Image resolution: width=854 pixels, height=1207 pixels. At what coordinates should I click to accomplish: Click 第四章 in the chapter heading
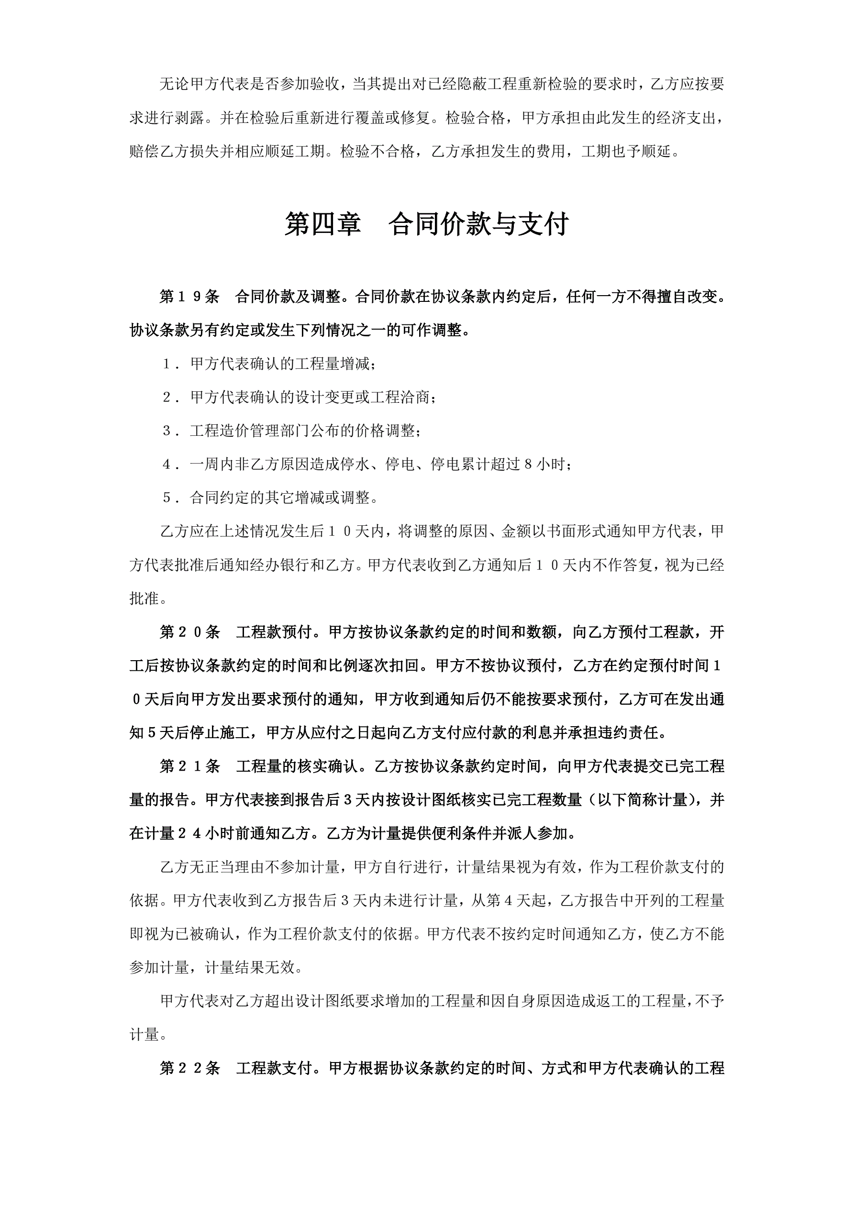tap(322, 224)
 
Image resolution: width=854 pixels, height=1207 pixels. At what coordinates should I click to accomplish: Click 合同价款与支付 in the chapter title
tap(478, 224)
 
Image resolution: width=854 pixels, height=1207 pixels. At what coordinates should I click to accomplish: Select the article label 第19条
tap(189, 297)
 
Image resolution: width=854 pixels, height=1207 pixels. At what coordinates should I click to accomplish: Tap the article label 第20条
tap(189, 632)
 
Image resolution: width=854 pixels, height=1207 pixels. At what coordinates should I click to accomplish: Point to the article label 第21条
tap(189, 766)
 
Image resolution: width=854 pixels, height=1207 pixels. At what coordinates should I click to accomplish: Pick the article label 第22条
tap(189, 1068)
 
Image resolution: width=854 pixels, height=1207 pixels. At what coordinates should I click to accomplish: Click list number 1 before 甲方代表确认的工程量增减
tap(167, 365)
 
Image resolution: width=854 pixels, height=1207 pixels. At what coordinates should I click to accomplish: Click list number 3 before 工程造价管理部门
tap(167, 431)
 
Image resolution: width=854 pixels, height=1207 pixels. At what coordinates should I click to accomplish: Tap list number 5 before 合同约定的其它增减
tap(167, 498)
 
